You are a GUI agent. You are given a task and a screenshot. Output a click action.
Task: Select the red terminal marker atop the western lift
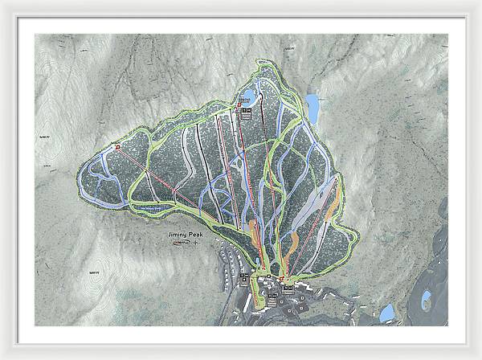tap(117, 147)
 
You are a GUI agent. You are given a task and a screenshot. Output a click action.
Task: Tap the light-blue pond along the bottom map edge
tap(387, 313)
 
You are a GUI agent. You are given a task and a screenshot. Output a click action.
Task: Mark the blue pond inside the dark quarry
tap(426, 301)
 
